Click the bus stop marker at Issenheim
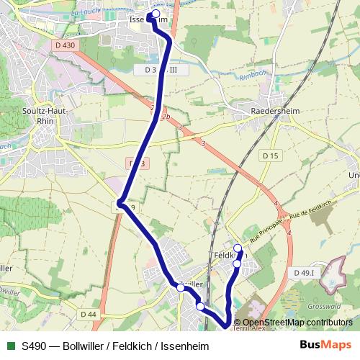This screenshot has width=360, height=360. pos(156,14)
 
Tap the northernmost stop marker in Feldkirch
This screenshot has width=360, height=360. pos(238,248)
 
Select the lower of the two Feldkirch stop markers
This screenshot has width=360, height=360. pos(237,264)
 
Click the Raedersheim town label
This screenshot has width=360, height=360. pos(274,112)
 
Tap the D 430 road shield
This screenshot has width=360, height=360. pos(64,45)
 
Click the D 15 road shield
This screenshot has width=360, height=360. pos(271,156)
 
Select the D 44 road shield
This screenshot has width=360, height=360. pos(89,315)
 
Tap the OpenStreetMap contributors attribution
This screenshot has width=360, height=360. pos(297,322)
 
